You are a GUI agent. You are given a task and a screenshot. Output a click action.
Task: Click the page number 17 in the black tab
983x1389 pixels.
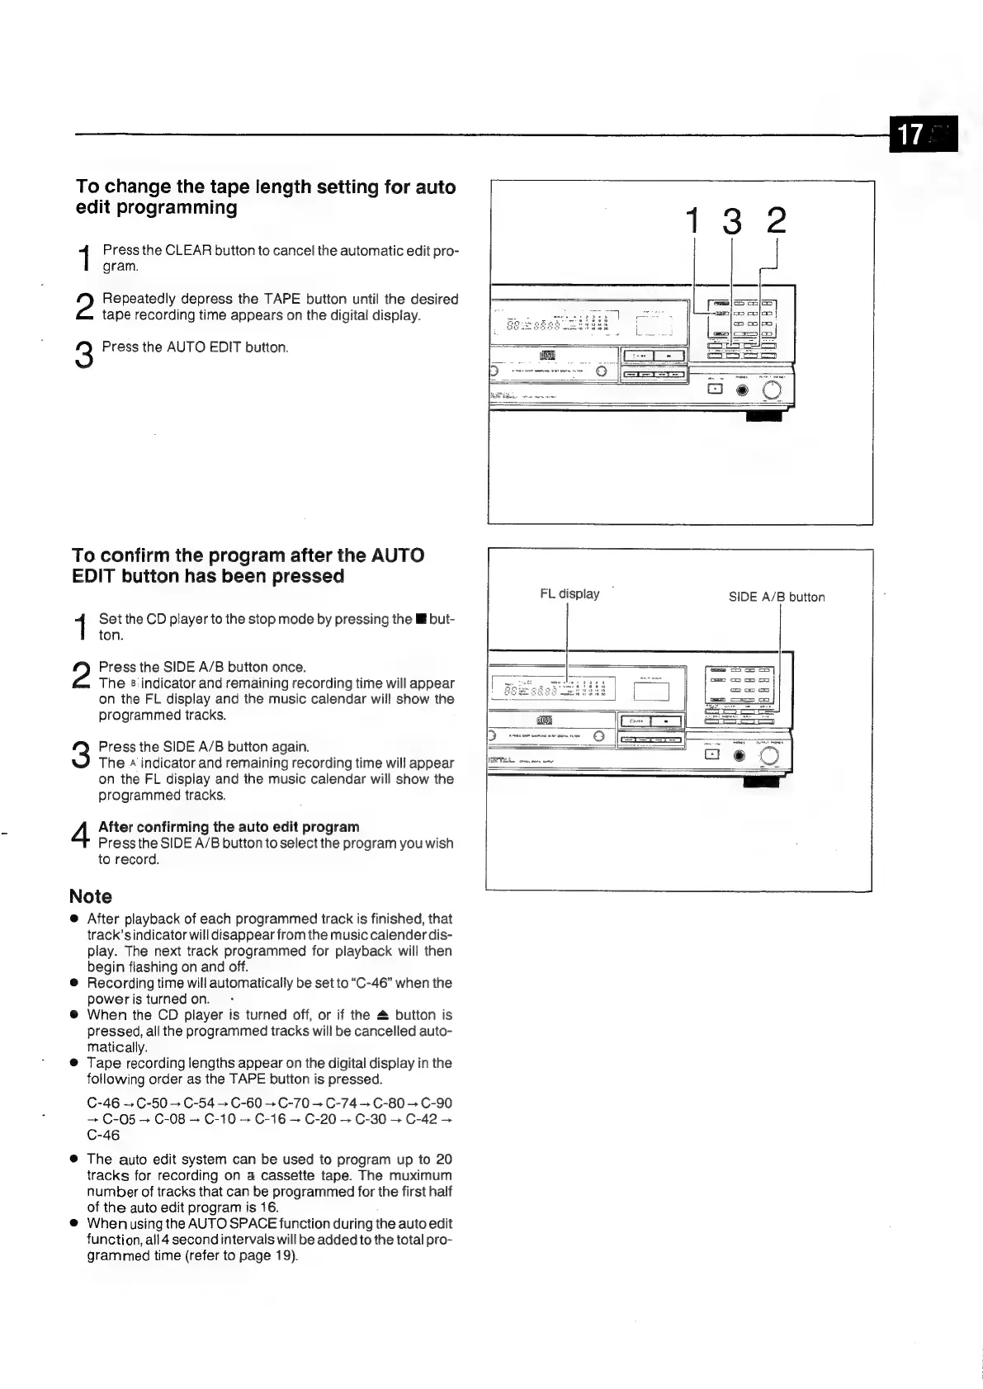[x=910, y=134]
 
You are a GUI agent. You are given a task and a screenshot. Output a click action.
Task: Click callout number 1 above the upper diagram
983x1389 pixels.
[x=694, y=221]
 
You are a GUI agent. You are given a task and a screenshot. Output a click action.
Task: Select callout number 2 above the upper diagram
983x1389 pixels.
[x=775, y=221]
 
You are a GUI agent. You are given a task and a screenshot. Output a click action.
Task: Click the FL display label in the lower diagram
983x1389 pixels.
[x=569, y=593]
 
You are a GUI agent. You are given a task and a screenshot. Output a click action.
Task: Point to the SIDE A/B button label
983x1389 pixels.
[x=776, y=597]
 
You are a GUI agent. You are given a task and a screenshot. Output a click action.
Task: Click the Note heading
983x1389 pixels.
[x=91, y=896]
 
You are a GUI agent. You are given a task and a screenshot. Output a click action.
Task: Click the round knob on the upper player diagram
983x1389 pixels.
[x=772, y=390]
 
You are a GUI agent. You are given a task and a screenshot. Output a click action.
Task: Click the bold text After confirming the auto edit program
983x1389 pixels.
[x=229, y=827]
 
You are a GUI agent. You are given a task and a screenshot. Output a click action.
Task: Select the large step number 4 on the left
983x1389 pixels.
[x=80, y=834]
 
